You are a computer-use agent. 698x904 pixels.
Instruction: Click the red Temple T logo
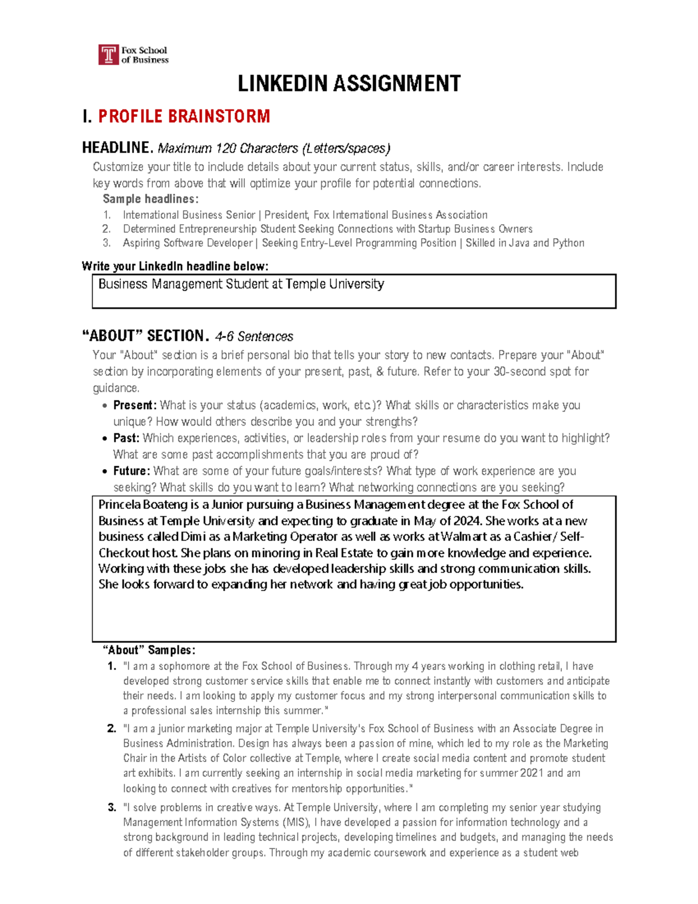point(109,55)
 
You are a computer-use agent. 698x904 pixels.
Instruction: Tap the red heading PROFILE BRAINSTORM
point(184,116)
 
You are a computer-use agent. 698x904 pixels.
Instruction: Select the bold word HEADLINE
point(117,148)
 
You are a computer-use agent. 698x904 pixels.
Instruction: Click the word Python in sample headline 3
point(569,243)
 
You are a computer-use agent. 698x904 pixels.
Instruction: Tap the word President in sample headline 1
point(287,215)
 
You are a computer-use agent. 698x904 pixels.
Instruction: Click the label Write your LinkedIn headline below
point(175,267)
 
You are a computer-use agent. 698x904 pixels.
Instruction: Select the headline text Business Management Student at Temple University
point(241,284)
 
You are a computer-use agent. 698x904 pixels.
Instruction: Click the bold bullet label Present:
point(135,405)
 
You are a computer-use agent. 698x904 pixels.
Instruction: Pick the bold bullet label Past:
point(126,438)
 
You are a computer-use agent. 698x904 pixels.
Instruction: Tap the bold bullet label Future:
point(131,471)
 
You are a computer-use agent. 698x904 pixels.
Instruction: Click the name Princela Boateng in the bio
point(143,505)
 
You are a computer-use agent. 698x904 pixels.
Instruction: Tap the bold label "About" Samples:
point(149,650)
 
